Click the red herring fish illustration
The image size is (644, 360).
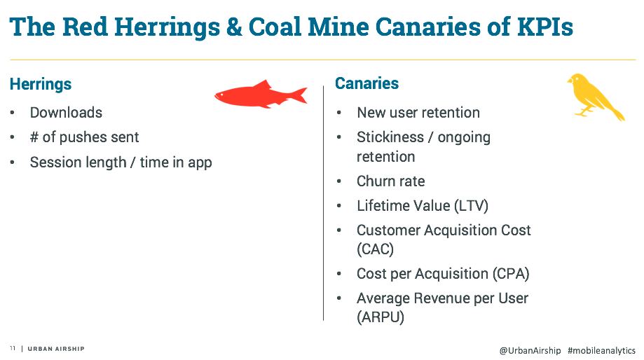pyautogui.click(x=259, y=95)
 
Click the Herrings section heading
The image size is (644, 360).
pyautogui.click(x=41, y=85)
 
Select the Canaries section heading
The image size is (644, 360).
pyautogui.click(x=366, y=83)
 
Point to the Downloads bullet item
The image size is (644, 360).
pyautogui.click(x=66, y=113)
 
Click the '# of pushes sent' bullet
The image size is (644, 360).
pyautogui.click(x=84, y=137)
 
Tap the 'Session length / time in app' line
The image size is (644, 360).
pyautogui.click(x=121, y=162)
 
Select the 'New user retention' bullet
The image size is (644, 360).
pyautogui.click(x=418, y=113)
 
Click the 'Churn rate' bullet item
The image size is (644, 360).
pyautogui.click(x=390, y=181)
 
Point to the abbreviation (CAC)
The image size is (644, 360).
pyautogui.click(x=375, y=249)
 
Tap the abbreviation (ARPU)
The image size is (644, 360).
pyautogui.click(x=381, y=317)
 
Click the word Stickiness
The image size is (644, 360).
pyautogui.click(x=390, y=137)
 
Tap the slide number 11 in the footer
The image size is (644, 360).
pyautogui.click(x=13, y=349)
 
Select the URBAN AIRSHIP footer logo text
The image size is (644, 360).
pyautogui.click(x=56, y=349)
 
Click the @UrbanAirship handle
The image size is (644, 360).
pyautogui.click(x=530, y=350)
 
